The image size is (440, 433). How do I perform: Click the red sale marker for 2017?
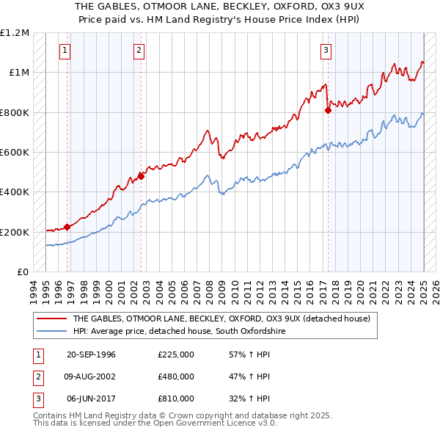(328, 111)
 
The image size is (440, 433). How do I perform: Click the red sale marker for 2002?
(142, 176)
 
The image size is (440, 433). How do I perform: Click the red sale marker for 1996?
(67, 227)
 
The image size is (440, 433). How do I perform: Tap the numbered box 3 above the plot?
(325, 51)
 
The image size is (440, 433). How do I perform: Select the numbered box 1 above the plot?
(65, 51)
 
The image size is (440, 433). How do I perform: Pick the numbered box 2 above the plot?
(139, 51)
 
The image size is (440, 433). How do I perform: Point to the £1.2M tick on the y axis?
(15, 33)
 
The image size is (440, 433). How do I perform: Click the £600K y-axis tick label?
(15, 153)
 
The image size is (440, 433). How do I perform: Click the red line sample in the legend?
(53, 319)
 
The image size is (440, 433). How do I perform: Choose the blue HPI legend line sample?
(53, 332)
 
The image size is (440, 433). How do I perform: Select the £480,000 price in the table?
(175, 376)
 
